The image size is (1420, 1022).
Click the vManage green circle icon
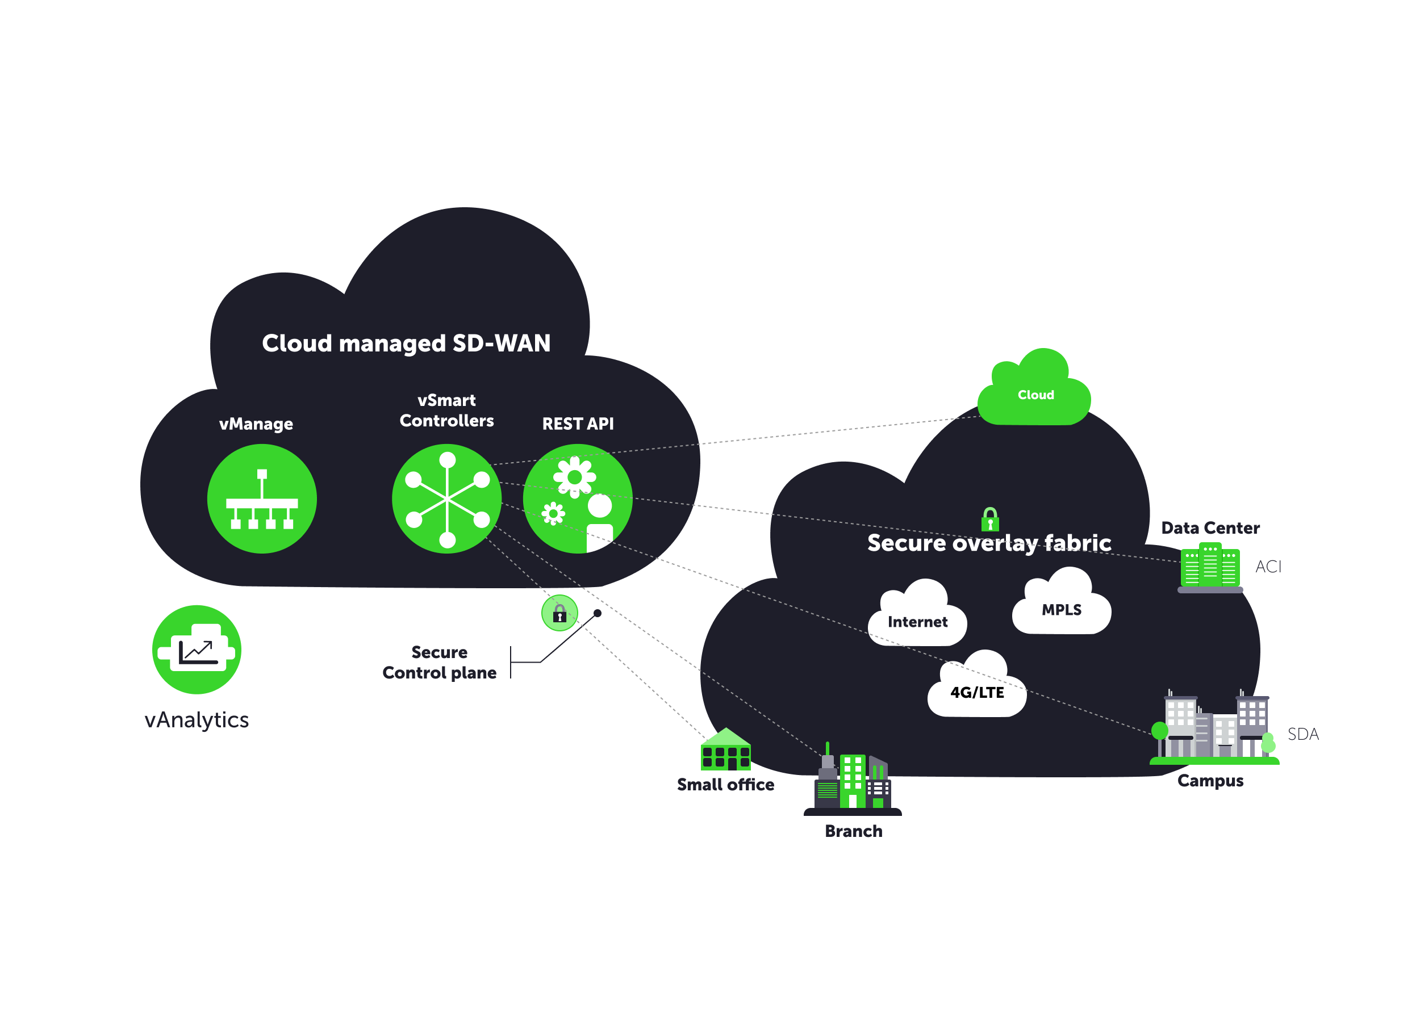click(262, 499)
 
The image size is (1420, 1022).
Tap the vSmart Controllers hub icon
click(446, 499)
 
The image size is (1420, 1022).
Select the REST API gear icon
click(577, 499)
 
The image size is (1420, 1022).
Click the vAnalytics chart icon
click(197, 650)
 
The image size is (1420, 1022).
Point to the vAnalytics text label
click(197, 720)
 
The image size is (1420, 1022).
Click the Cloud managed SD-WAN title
click(406, 343)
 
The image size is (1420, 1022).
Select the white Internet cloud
click(917, 617)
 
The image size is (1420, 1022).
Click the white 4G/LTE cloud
click(977, 688)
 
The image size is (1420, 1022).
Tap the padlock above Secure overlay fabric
click(990, 519)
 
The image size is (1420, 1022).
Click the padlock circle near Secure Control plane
click(559, 613)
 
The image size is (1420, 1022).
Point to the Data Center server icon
click(1210, 567)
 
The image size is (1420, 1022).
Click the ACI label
click(1268, 567)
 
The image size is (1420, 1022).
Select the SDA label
click(1303, 734)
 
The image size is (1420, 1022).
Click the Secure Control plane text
click(439, 662)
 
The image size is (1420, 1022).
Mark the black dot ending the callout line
click(598, 613)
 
